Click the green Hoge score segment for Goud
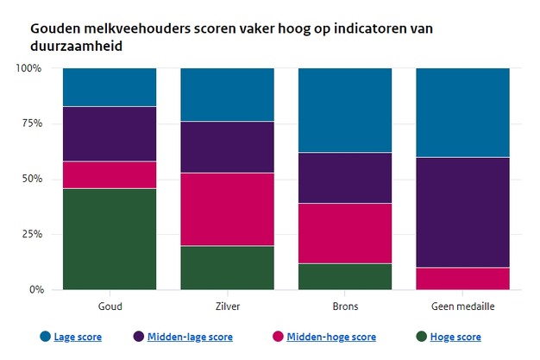(110, 239)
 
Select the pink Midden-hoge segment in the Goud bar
(110, 174)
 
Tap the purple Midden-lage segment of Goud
(110, 134)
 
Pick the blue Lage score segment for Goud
(110, 87)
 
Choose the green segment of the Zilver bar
(227, 268)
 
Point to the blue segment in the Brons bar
(345, 110)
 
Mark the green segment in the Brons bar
(345, 276)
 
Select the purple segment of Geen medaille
(462, 212)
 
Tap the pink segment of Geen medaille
(462, 278)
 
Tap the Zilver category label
(227, 306)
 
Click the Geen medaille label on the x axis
(462, 306)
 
